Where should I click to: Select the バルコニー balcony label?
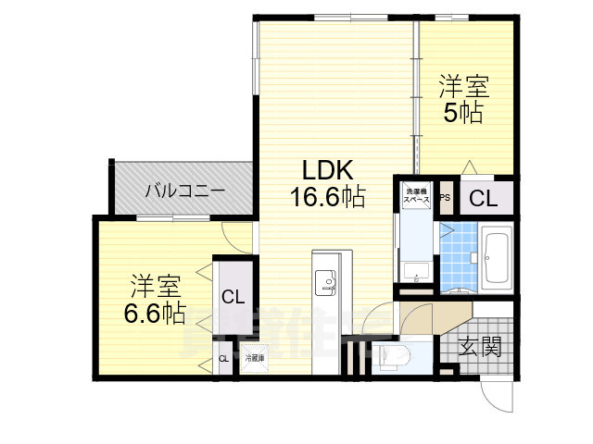click(184, 191)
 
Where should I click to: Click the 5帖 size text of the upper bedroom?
click(462, 114)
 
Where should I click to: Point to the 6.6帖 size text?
click(155, 312)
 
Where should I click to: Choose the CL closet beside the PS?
click(482, 198)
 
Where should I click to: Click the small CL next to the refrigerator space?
click(223, 359)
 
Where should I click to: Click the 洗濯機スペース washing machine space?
click(414, 197)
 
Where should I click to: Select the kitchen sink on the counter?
click(326, 278)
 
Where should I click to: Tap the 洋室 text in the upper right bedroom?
click(463, 88)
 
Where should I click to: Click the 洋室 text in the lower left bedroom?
click(154, 283)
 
